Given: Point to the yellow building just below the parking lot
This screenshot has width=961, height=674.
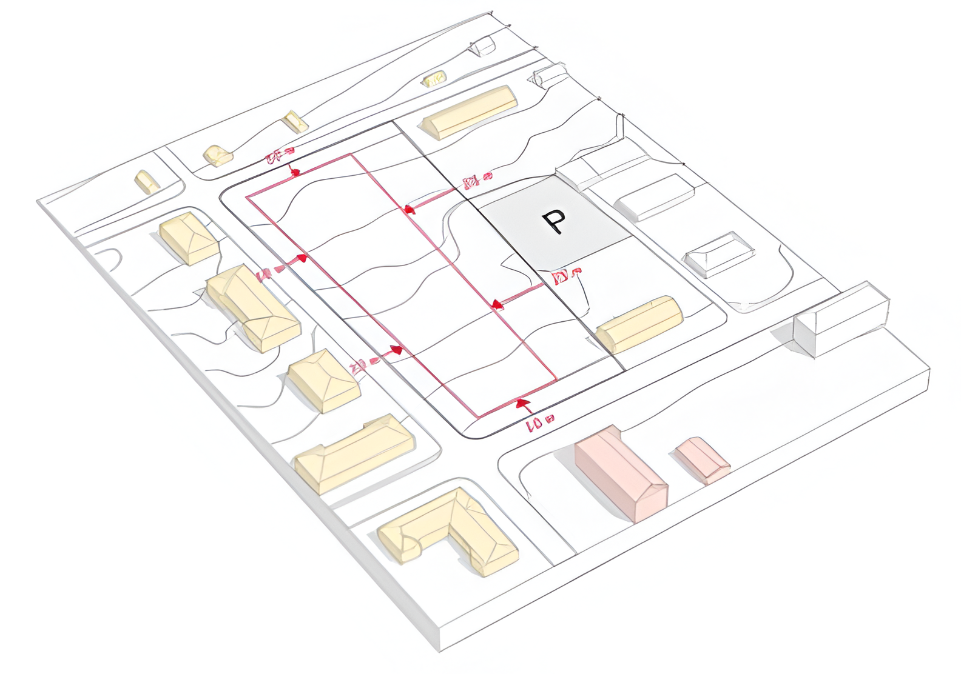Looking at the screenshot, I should pyautogui.click(x=639, y=324).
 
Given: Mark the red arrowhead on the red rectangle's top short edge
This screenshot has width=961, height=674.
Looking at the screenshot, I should pyautogui.click(x=295, y=173).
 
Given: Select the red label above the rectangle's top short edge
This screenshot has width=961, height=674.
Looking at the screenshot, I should pyautogui.click(x=280, y=156).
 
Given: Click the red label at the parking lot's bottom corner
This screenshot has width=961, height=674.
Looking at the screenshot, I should pyautogui.click(x=567, y=276).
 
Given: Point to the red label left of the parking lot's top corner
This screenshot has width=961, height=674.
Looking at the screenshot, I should pyautogui.click(x=477, y=180).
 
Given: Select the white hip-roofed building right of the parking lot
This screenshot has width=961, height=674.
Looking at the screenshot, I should pyautogui.click(x=719, y=253).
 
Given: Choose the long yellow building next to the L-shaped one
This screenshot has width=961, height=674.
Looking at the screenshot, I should pyautogui.click(x=354, y=453).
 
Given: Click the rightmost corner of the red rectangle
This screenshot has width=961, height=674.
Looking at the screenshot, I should pyautogui.click(x=556, y=380).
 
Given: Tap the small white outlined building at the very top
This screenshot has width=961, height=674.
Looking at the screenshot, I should pyautogui.click(x=484, y=45).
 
